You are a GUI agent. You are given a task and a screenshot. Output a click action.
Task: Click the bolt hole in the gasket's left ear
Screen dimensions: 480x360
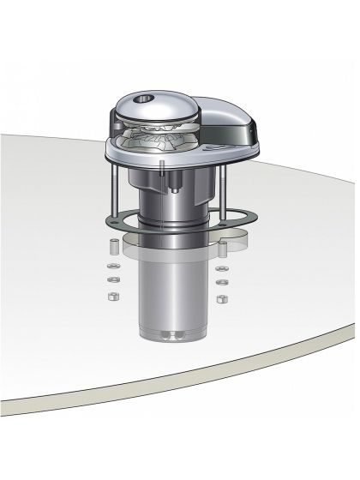pos(111,222)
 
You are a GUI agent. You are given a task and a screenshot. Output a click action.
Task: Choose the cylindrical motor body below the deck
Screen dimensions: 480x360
pos(170,291)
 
